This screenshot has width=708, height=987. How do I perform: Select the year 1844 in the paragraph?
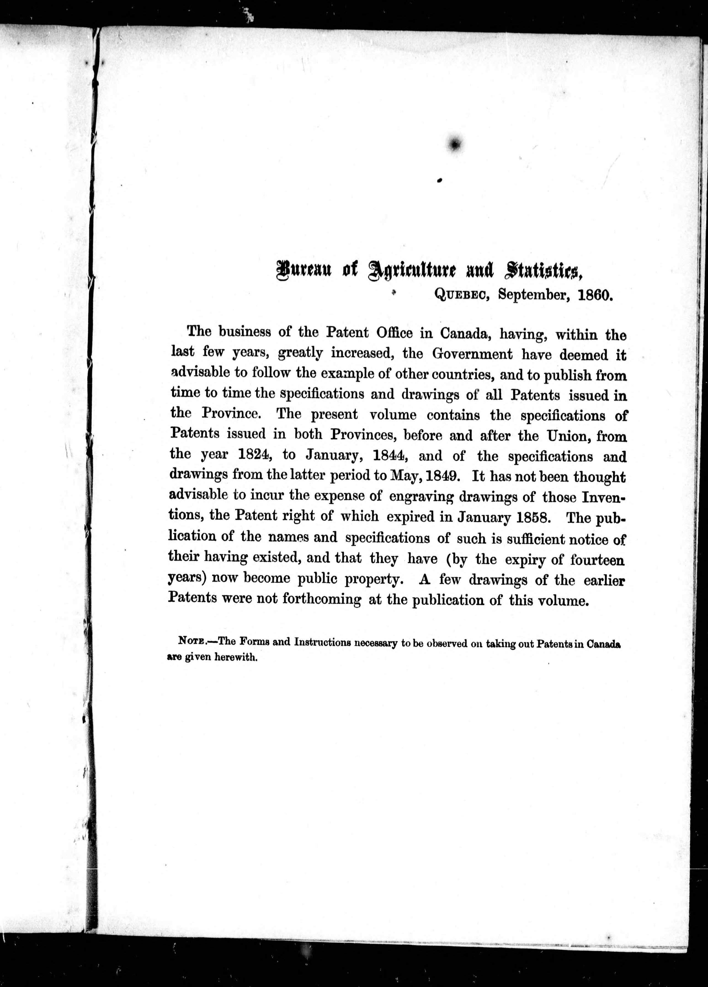390,456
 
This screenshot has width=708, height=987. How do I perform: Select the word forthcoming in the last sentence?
322,599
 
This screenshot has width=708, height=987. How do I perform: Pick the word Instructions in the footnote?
323,642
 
